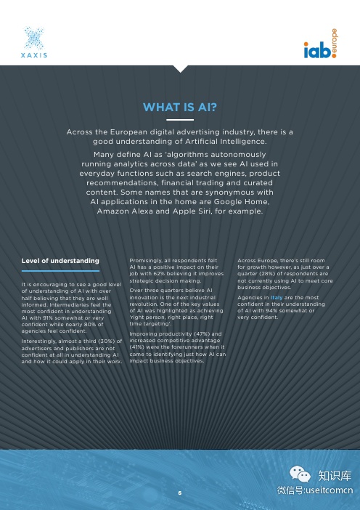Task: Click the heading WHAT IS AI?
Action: pyautogui.click(x=179, y=108)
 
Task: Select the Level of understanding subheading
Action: pyautogui.click(x=60, y=259)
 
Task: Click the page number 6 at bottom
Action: pyautogui.click(x=179, y=492)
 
